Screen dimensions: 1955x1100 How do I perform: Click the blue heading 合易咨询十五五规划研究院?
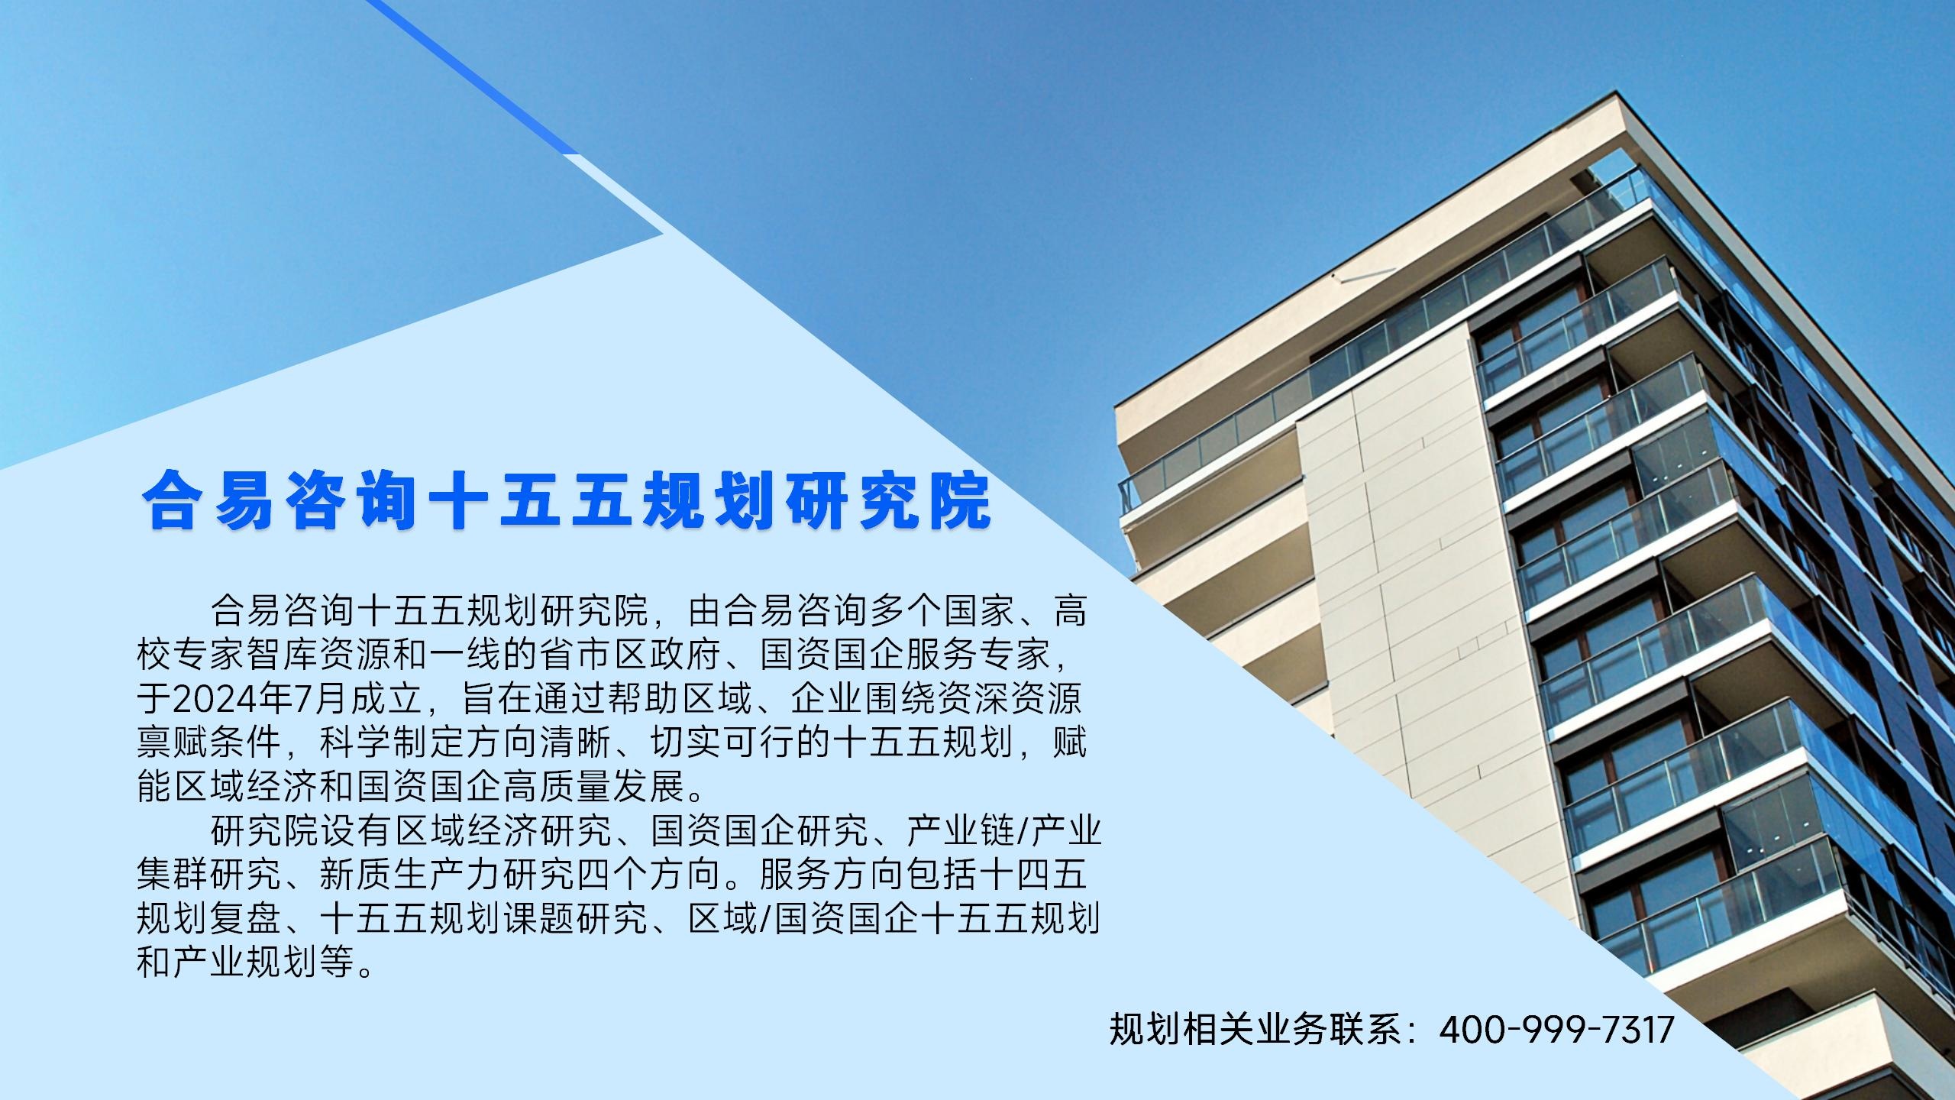(566, 501)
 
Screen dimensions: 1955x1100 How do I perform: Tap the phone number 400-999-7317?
(1556, 1029)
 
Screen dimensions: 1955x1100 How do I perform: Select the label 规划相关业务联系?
(1256, 1029)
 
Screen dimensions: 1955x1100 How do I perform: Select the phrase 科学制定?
(392, 742)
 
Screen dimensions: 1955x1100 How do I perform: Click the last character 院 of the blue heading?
(960, 501)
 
